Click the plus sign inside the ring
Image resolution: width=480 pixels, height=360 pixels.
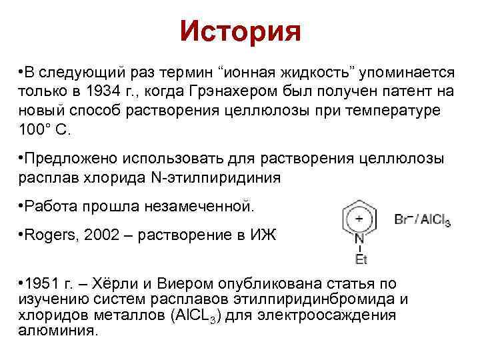point(359,218)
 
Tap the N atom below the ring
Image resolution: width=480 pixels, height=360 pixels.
point(359,239)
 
